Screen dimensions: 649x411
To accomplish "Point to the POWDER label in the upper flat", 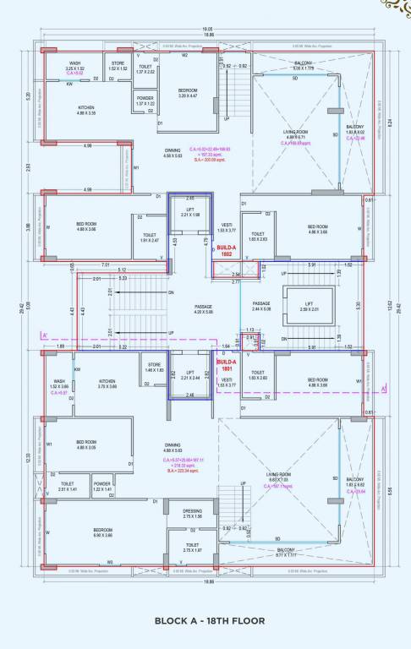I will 145,97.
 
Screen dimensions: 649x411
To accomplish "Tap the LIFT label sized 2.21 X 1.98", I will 190,211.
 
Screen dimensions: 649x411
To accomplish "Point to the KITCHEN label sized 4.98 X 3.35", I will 87,110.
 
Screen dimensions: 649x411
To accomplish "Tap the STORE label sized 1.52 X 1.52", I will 118,65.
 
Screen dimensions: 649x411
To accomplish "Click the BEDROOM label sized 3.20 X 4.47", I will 188,92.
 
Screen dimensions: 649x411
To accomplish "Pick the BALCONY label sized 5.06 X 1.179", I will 303,66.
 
